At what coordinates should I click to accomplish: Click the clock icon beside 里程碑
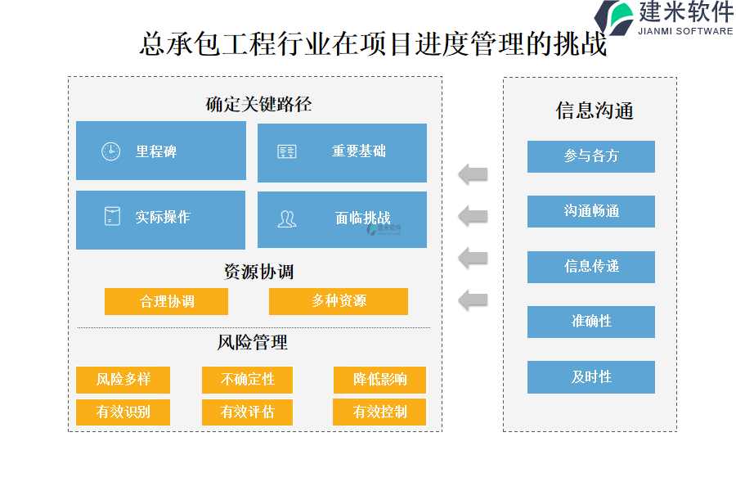click(110, 151)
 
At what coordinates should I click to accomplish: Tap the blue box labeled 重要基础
click(342, 152)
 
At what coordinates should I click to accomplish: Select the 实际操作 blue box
click(160, 219)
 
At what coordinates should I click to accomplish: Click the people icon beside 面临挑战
click(286, 218)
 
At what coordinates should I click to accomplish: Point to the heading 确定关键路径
click(258, 105)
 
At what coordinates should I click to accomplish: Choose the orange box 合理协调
click(166, 301)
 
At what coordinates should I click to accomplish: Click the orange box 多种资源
click(338, 301)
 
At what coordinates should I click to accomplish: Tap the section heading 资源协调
click(258, 271)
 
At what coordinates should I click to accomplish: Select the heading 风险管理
click(253, 342)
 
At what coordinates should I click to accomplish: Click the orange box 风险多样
click(123, 380)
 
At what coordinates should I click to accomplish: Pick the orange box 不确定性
click(247, 380)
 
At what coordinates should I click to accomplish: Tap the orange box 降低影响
click(379, 380)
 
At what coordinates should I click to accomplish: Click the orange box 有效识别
click(123, 412)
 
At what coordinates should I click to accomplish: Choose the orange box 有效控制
click(379, 412)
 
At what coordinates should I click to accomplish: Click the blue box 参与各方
click(590, 156)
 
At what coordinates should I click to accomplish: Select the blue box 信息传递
click(590, 267)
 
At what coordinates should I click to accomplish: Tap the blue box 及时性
click(590, 377)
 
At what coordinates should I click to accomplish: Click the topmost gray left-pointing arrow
click(473, 173)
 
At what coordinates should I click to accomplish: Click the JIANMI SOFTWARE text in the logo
click(684, 31)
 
